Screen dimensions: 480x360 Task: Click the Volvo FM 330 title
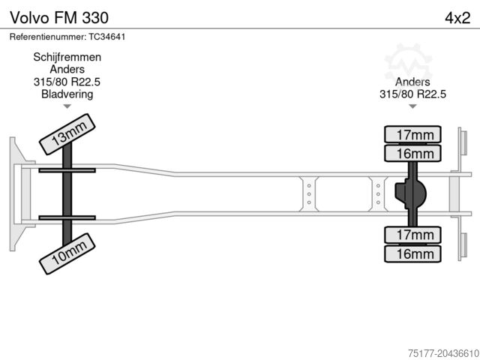[59, 18]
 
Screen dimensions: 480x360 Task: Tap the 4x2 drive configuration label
[457, 18]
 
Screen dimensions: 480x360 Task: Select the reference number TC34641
[107, 37]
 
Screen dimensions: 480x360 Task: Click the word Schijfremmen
[67, 57]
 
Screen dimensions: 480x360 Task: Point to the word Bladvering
[67, 94]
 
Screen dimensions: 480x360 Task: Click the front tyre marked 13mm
[67, 134]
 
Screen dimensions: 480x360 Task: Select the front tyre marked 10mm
[67, 253]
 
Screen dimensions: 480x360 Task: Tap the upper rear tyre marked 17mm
[412, 134]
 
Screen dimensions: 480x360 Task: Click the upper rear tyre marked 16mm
[412, 153]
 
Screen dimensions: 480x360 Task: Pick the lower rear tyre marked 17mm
[412, 235]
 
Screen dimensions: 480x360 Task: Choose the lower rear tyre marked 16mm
[412, 253]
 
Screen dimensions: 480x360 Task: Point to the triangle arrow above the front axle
[67, 106]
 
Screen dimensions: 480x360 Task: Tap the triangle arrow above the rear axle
[412, 106]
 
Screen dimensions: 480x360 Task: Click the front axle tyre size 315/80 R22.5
[67, 82]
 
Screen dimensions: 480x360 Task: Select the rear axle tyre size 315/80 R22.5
[412, 94]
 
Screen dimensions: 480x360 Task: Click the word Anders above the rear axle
[412, 82]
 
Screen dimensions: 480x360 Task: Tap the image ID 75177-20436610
[443, 353]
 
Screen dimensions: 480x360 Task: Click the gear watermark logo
[408, 63]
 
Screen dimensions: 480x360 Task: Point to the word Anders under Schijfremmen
[67, 69]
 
